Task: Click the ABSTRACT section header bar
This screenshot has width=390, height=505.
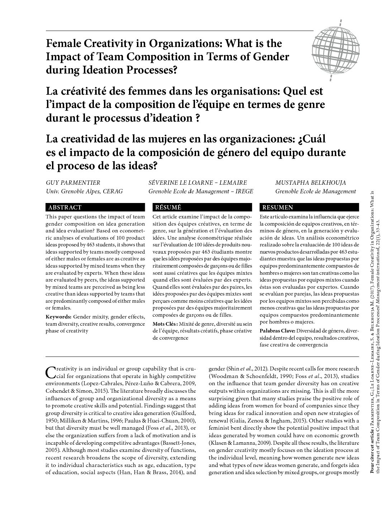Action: tap(95, 207)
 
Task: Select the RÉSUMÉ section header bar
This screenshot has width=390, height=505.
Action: tap(202, 207)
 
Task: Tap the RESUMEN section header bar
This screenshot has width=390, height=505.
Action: tap(309, 207)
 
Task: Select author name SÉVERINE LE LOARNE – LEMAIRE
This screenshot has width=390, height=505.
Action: tap(198, 183)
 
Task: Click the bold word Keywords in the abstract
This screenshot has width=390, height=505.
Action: tap(58, 317)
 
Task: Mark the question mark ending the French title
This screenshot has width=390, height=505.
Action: tap(198, 118)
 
